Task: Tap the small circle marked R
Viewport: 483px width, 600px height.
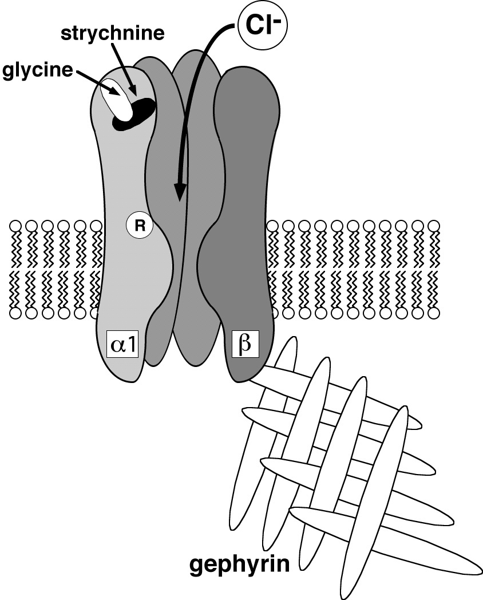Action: click(x=138, y=227)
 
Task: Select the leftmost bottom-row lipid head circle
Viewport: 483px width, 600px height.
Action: click(x=16, y=314)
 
